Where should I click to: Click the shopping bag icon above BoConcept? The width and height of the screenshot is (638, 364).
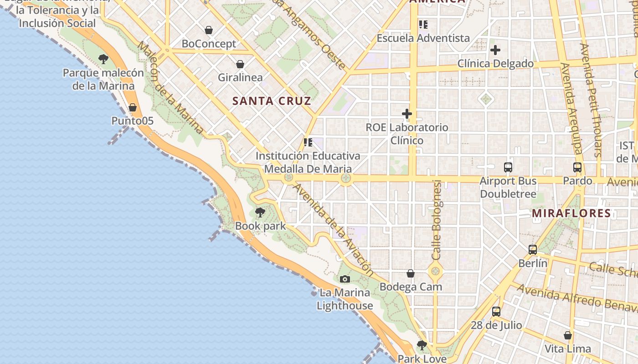(209, 30)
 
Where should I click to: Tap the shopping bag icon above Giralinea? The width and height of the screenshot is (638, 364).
(240, 64)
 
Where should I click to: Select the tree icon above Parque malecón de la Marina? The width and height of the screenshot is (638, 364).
(103, 59)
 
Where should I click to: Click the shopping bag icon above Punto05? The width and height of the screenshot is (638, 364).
(133, 107)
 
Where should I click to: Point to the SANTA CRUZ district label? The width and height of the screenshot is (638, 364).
(272, 101)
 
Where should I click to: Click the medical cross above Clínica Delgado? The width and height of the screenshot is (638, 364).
(495, 50)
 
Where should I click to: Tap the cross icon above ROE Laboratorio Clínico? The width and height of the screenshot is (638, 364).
(407, 114)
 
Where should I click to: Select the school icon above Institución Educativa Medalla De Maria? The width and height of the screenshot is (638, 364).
(308, 142)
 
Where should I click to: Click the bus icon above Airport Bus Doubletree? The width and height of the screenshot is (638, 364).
(508, 167)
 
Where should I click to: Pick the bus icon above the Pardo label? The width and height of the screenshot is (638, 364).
(577, 167)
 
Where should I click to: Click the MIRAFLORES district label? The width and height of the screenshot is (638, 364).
(571, 213)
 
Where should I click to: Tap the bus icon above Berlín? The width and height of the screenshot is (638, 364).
(533, 250)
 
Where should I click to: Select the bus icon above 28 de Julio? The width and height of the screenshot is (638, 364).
(496, 312)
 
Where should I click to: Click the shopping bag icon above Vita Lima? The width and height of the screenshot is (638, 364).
(568, 335)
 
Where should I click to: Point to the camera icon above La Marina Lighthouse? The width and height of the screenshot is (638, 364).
(345, 279)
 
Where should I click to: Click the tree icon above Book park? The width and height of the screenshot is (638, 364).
(260, 212)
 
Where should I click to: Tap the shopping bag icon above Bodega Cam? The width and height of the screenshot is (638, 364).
(411, 273)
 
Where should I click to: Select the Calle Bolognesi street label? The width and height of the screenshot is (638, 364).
(437, 220)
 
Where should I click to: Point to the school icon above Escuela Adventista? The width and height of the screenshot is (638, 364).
(423, 24)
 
